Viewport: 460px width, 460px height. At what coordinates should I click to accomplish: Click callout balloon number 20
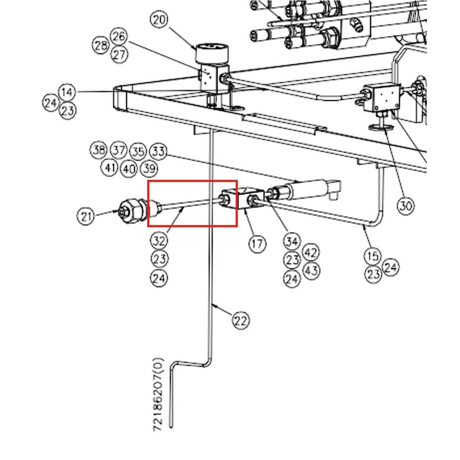click(x=160, y=20)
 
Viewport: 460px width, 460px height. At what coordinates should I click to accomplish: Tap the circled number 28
click(x=101, y=46)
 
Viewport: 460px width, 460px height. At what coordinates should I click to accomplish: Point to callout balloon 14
click(x=67, y=92)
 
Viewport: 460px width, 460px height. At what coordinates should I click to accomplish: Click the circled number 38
click(x=98, y=150)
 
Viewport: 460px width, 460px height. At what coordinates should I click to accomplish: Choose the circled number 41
click(x=109, y=167)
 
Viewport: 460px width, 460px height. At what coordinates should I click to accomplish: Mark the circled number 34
click(x=292, y=241)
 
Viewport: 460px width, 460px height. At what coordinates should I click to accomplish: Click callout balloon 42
click(x=311, y=253)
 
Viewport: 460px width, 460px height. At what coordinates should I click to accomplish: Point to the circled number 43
click(x=311, y=270)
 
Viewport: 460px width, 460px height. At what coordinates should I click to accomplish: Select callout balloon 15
click(x=373, y=255)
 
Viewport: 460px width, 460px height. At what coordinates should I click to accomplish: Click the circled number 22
click(x=241, y=320)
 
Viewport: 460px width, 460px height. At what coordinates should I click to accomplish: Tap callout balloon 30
click(x=405, y=206)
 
